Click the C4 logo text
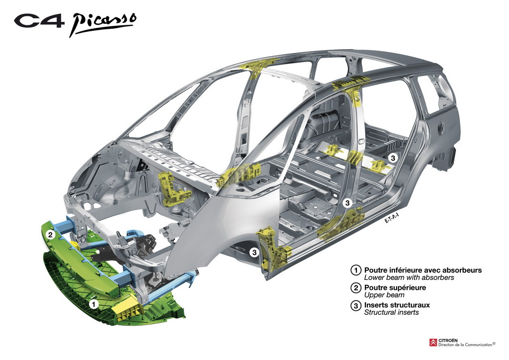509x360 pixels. [x=39, y=21]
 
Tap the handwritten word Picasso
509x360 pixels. [x=102, y=24]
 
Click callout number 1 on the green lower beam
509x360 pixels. [x=94, y=304]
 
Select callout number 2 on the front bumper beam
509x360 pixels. [x=50, y=234]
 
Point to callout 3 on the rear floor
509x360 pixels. [x=393, y=158]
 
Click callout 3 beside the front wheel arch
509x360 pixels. [x=254, y=252]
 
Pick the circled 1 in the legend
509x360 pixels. [x=356, y=270]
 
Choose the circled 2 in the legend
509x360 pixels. [x=356, y=287]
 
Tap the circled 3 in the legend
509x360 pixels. [x=356, y=305]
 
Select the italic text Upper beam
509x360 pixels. [x=384, y=295]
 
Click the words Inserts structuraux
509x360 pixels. [x=397, y=305]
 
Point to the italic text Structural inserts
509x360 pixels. [x=392, y=313]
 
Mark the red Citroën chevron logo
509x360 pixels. [x=433, y=343]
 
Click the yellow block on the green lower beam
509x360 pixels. [x=129, y=306]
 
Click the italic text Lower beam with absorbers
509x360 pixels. [x=409, y=277]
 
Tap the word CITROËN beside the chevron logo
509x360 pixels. [x=448, y=340]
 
